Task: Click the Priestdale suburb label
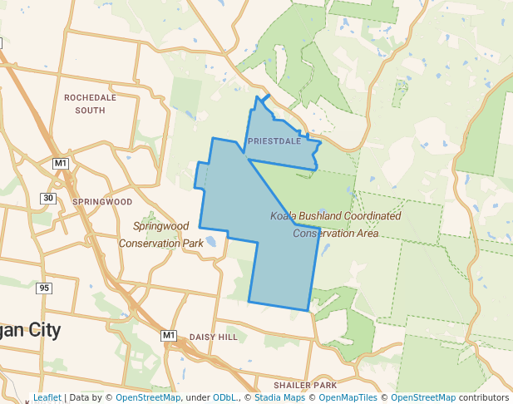[x=274, y=141]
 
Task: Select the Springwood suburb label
[x=102, y=201]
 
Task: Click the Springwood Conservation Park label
[x=161, y=234]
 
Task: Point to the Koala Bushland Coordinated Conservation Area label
[x=335, y=224]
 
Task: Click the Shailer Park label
[x=306, y=386]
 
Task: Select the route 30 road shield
[x=48, y=198]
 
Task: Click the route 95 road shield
[x=44, y=288]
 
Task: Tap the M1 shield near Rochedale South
[x=60, y=163]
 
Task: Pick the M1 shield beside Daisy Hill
[x=169, y=335]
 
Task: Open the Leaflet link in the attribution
[x=47, y=398]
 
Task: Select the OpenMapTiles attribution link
[x=344, y=398]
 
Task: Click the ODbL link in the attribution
[x=224, y=398]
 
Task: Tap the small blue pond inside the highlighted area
[x=210, y=243]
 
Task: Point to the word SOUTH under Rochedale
[x=90, y=110]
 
